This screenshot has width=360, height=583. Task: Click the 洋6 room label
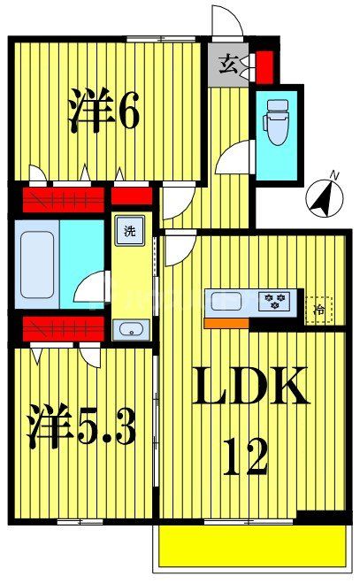click(103, 112)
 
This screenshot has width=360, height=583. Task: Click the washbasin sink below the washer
click(131, 330)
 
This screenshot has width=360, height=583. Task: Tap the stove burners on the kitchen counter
click(275, 302)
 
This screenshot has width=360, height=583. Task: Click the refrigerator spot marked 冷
click(319, 308)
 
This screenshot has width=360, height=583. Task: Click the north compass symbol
click(325, 196)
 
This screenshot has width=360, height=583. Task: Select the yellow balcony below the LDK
click(252, 546)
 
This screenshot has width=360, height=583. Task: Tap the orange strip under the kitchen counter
click(226, 323)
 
